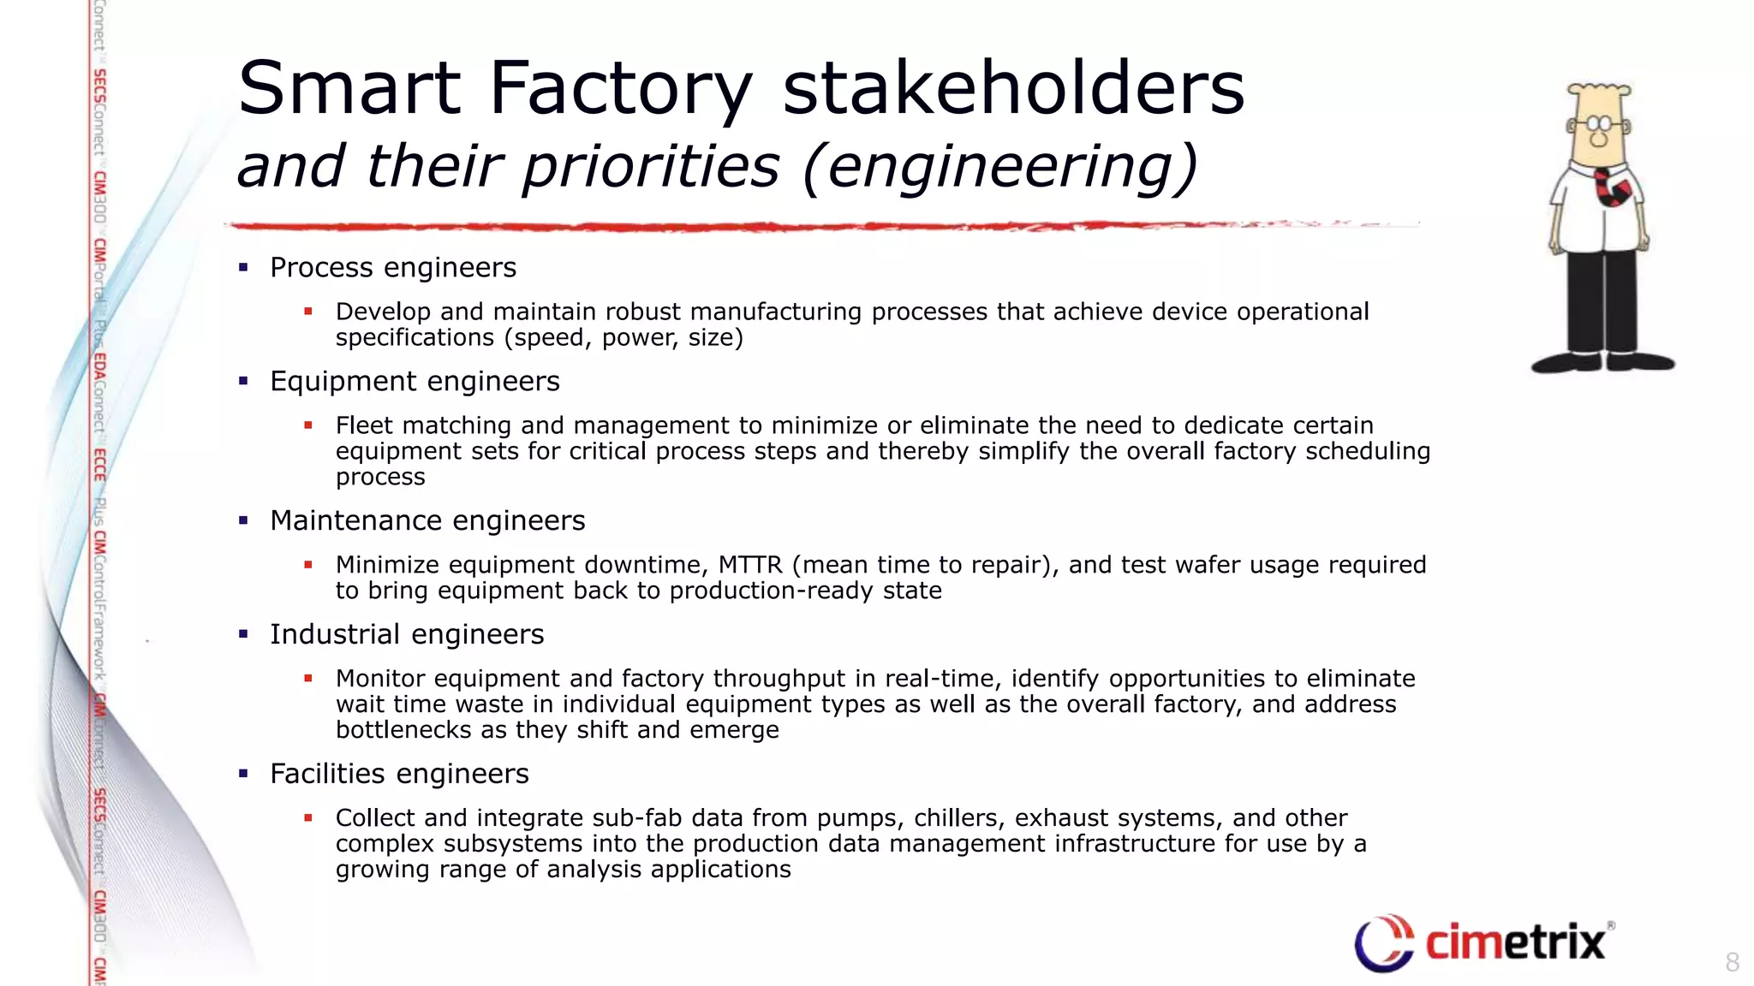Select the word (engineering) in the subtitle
(999, 166)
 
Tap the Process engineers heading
(393, 268)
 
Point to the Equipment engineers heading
(415, 382)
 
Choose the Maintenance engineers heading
(427, 521)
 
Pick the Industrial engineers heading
(407, 635)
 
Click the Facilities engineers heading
(399, 775)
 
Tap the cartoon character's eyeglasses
(1598, 126)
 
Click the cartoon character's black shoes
(1602, 362)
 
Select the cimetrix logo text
(1515, 942)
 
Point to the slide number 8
(1732, 962)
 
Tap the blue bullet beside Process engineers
(243, 268)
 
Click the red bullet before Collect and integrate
(308, 818)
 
